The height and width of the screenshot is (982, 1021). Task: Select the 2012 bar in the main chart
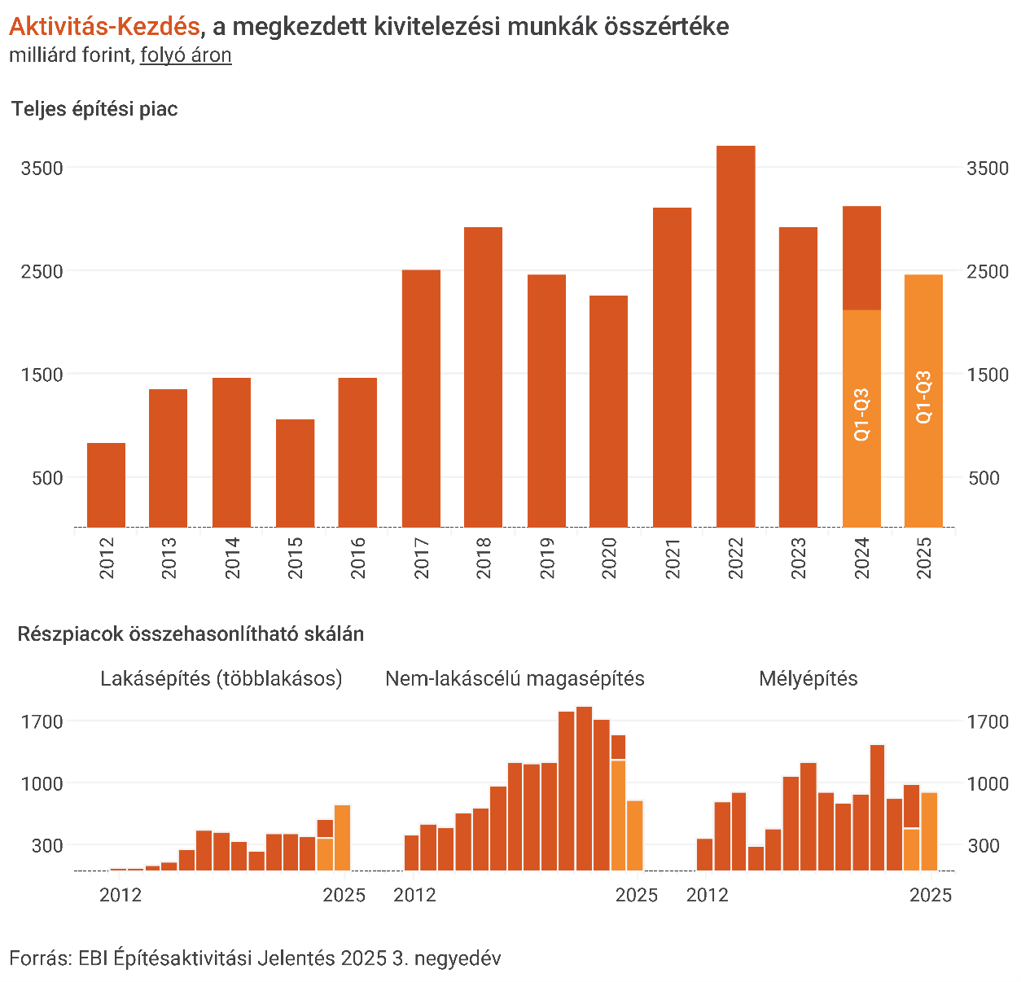(107, 485)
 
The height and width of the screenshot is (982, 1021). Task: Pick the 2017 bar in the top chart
(421, 398)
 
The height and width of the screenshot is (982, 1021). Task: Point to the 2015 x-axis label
(296, 558)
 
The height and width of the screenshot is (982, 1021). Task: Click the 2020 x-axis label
(609, 558)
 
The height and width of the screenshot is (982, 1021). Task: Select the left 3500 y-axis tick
(42, 169)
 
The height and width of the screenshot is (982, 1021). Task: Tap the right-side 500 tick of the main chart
(984, 478)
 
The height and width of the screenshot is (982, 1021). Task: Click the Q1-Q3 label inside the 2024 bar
(861, 415)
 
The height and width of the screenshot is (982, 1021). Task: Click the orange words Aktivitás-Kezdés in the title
(104, 27)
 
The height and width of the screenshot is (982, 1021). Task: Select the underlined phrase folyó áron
(186, 55)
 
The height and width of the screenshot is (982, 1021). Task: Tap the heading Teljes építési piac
(94, 109)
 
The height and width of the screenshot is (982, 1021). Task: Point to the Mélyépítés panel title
(808, 678)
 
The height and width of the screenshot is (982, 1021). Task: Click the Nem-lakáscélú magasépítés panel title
(515, 678)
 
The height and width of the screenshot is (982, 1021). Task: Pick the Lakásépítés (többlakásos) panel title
(221, 678)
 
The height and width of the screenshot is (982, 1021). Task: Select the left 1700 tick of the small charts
(42, 721)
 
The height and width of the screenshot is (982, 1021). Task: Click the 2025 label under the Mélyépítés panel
(930, 895)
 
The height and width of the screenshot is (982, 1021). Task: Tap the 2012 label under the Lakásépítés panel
(121, 895)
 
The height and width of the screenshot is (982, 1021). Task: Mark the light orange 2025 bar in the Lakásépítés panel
(343, 838)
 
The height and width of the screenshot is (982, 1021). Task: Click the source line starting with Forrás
(255, 958)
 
